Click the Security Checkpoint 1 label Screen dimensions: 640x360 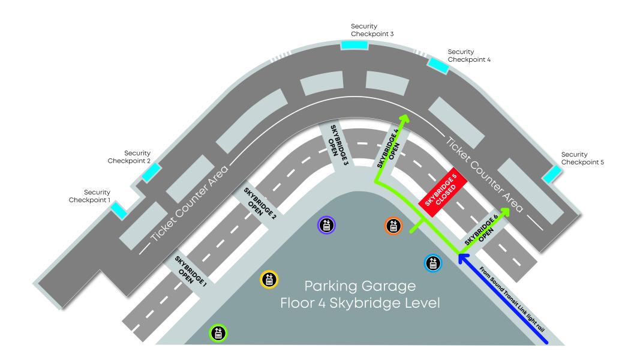[x=89, y=196]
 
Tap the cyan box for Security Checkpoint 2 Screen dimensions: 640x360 [x=151, y=173]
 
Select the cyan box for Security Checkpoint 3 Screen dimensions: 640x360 [x=354, y=45]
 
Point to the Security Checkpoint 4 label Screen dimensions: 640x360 [x=469, y=56]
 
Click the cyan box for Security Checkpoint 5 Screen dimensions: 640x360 [x=552, y=174]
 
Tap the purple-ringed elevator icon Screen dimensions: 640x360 [x=326, y=225]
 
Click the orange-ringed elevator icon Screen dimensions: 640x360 [x=393, y=226]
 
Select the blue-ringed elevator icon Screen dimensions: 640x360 [x=433, y=263]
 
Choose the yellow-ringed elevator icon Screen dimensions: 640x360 [x=269, y=280]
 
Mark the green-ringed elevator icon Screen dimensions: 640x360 [x=218, y=333]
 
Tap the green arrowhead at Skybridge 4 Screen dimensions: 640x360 [x=404, y=119]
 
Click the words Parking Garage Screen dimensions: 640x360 [x=360, y=287]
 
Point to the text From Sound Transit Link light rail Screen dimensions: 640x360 [x=512, y=299]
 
